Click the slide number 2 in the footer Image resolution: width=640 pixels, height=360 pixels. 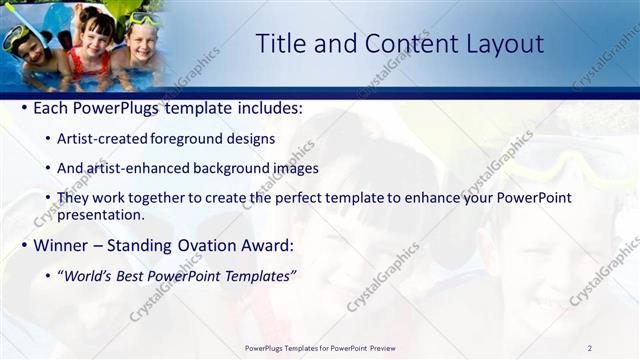tap(590, 348)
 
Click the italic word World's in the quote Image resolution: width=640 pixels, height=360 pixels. tap(90, 276)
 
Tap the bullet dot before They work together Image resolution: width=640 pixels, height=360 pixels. tap(49, 198)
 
